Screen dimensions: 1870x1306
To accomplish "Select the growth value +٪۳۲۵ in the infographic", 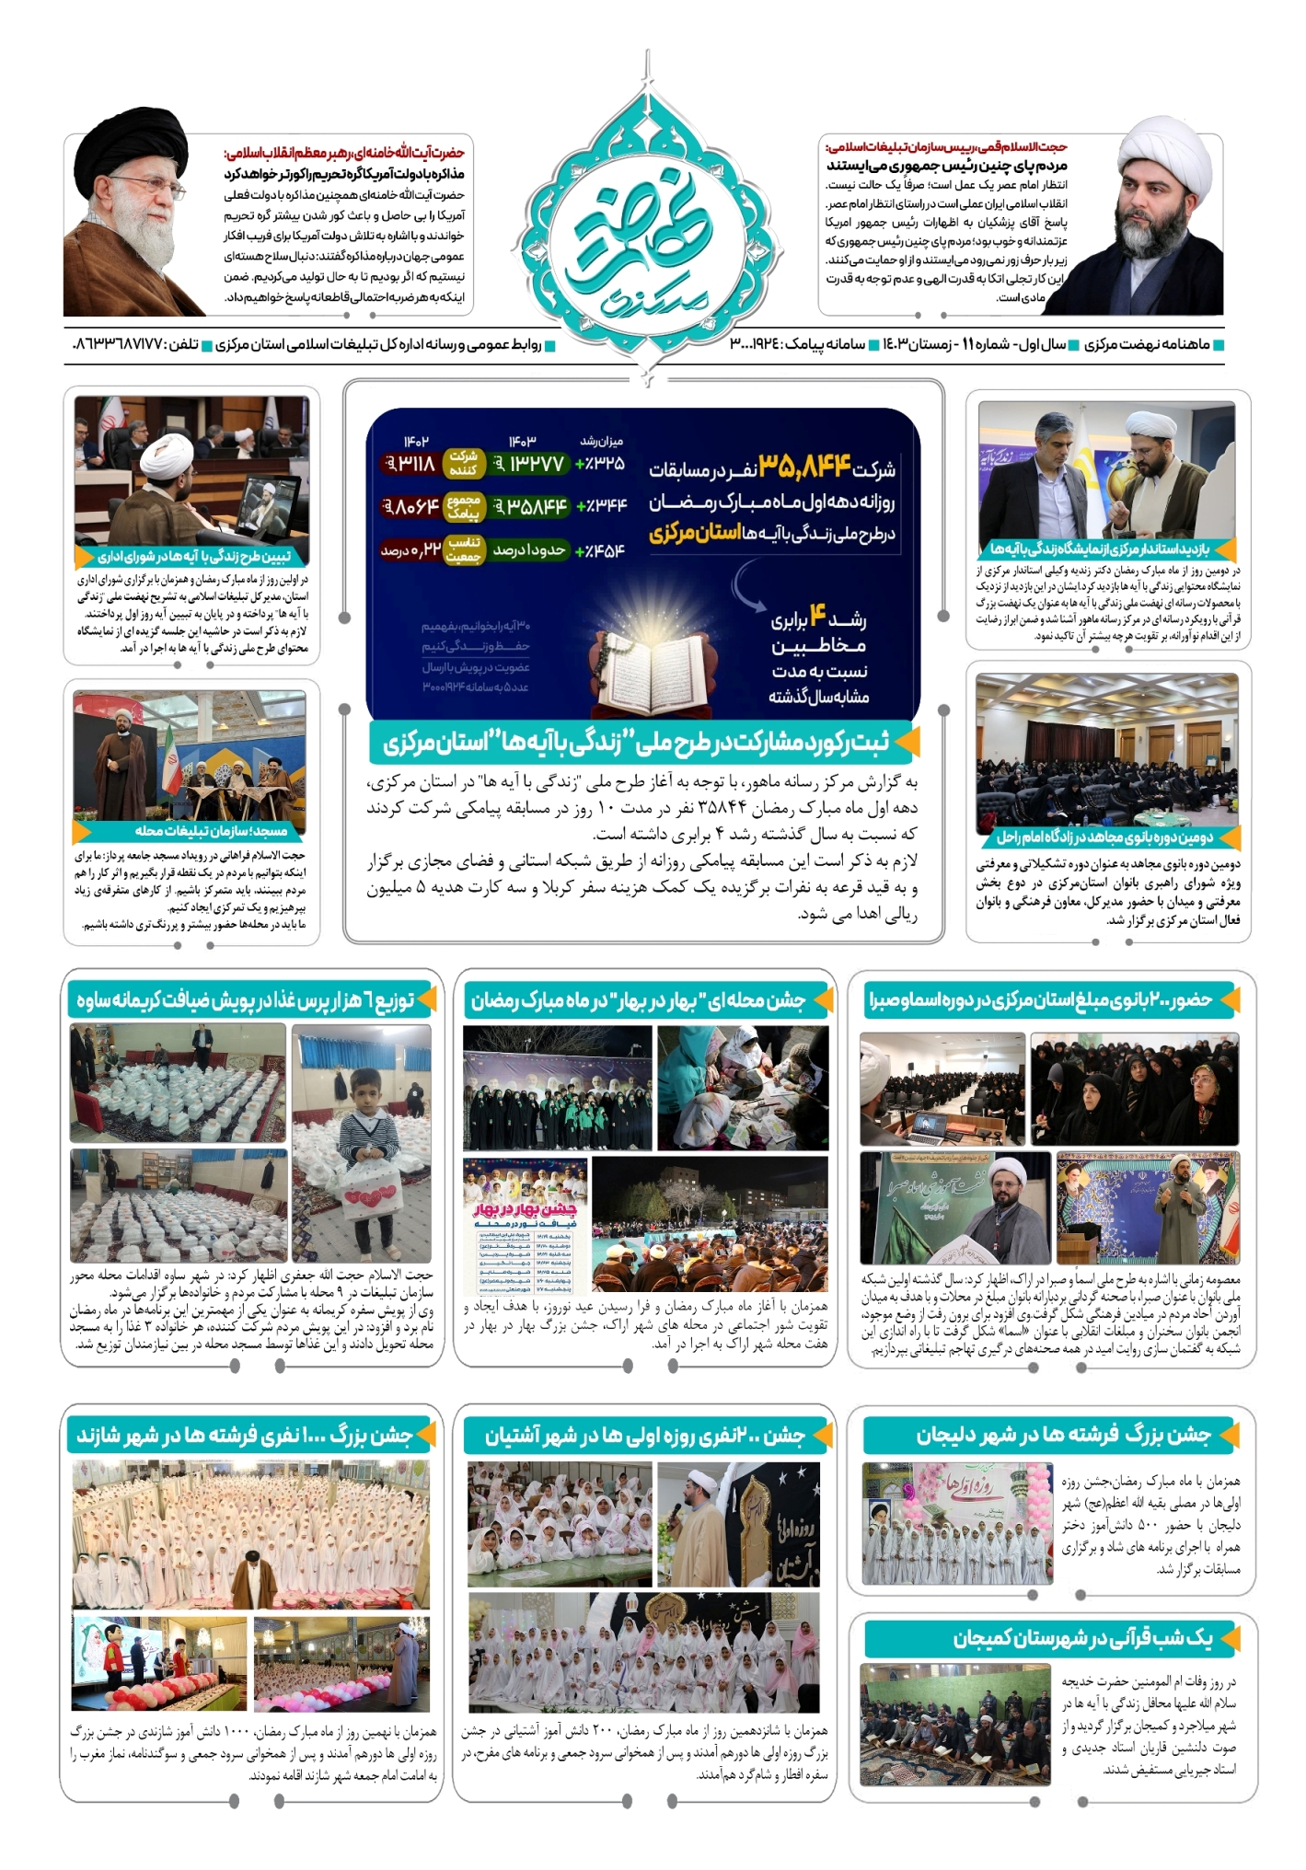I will coord(599,464).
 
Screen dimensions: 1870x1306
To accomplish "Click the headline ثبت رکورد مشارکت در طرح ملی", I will coord(636,743).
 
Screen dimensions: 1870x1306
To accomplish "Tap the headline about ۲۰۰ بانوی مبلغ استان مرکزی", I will coord(1041,999).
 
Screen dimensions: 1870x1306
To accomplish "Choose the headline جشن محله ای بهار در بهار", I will coord(639,1000).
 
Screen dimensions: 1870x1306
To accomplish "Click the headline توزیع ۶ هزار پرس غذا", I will coord(246,1000).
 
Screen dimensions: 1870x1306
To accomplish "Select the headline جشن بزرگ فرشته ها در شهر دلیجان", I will coord(1063,1435).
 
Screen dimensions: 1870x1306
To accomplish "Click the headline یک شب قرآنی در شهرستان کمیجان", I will coord(1082,1639).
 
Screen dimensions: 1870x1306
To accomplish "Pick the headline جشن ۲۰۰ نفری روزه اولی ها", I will coord(645,1436).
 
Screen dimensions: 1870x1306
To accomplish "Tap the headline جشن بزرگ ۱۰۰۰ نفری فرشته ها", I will coord(245,1436).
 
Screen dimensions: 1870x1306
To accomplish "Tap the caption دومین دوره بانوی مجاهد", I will coord(1104,837).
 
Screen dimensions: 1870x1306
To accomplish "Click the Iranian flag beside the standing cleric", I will coord(171,764).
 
